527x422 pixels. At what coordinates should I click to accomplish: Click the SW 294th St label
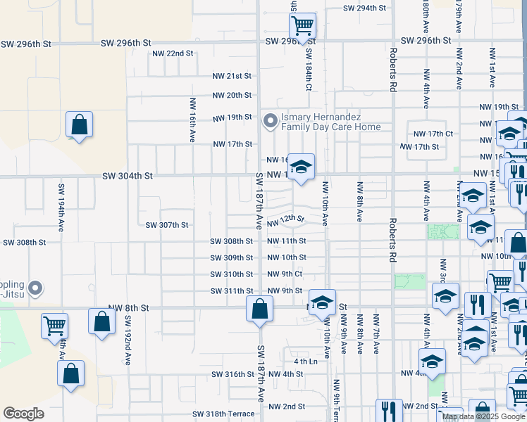pyautogui.click(x=365, y=8)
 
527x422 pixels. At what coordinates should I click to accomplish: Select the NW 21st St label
pyautogui.click(x=232, y=76)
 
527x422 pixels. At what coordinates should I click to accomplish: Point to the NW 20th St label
pyautogui.click(x=232, y=96)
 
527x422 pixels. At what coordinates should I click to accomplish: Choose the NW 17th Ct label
pyautogui.click(x=433, y=134)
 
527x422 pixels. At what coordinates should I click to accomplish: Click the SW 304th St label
pyautogui.click(x=128, y=176)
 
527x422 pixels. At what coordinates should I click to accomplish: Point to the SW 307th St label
pyautogui.click(x=167, y=226)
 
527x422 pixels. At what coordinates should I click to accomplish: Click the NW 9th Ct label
pyautogui.click(x=285, y=274)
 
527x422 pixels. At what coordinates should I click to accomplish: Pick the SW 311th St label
pyautogui.click(x=231, y=291)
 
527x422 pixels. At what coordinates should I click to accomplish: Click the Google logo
pyautogui.click(x=23, y=414)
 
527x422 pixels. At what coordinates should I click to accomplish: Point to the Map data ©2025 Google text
pyautogui.click(x=483, y=416)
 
